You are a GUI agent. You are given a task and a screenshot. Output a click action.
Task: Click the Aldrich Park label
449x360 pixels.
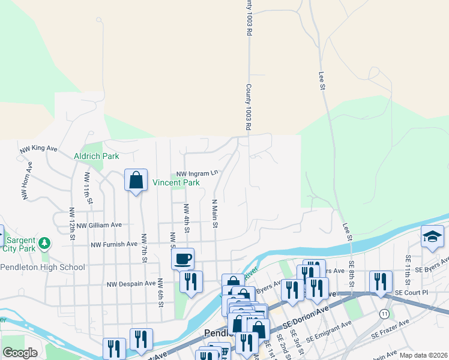tap(96, 156)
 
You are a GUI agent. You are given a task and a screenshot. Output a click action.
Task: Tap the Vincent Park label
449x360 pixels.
tap(176, 182)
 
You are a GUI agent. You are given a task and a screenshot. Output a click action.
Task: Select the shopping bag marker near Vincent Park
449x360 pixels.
tap(136, 180)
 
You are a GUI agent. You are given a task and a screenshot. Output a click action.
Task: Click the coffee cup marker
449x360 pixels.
tap(183, 259)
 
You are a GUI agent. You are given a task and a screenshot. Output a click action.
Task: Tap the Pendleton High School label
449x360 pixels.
tap(43, 267)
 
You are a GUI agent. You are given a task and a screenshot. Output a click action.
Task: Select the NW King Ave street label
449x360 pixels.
tap(38, 148)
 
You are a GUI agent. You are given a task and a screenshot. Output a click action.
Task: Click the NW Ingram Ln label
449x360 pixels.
tap(197, 173)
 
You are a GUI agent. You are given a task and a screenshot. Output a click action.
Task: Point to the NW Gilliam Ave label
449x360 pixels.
tap(99, 225)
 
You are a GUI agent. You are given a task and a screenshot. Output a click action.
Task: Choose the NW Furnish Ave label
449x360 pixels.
tap(114, 245)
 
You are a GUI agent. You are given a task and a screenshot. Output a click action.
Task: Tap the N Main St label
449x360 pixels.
tap(214, 214)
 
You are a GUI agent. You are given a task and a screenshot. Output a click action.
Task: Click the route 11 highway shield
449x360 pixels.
tap(384, 313)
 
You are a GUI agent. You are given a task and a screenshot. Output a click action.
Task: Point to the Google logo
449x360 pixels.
tap(20, 353)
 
